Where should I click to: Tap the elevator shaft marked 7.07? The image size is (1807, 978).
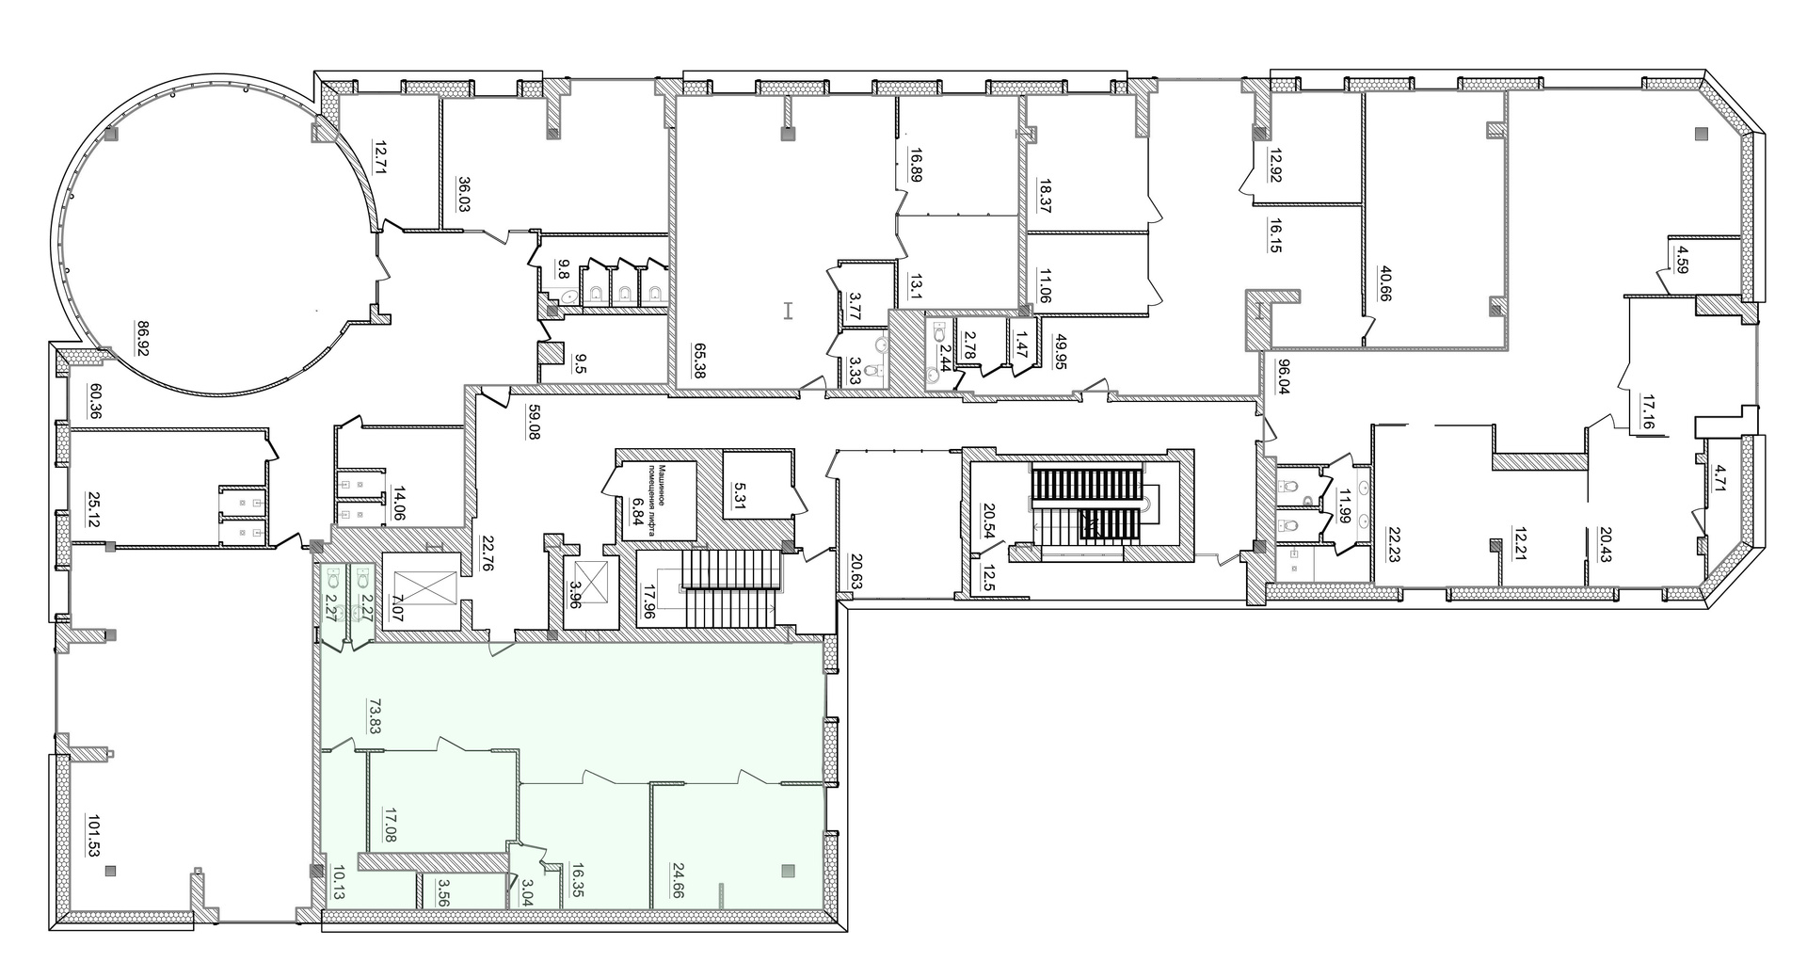point(421,589)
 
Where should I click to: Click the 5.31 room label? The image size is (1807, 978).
point(741,492)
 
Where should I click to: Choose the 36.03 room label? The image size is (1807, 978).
point(464,198)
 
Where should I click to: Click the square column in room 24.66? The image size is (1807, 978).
point(789,871)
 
